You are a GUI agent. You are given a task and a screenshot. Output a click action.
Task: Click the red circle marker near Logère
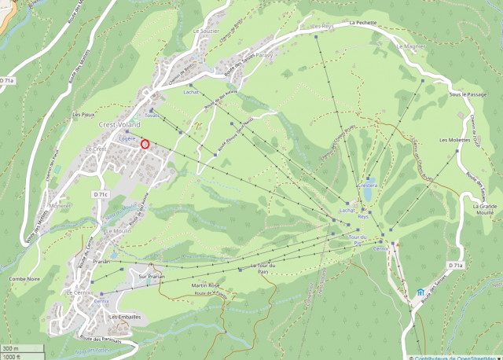coord(145,143)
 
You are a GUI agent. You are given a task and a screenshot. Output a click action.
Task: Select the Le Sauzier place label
coord(206,31)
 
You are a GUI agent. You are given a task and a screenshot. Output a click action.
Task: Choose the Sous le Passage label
coord(464,94)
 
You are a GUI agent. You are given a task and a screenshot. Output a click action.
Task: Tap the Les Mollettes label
coord(452,140)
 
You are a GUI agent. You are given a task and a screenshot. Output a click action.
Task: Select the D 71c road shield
coord(100,194)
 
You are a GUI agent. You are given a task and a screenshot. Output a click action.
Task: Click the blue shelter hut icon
coord(420,294)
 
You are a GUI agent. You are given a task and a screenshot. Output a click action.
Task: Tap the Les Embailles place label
coord(125,317)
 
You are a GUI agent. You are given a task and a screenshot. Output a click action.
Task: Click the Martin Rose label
coord(203,285)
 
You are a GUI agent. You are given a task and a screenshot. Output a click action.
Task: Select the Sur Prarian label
coord(151,277)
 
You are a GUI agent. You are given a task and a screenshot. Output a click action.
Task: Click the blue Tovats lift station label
coord(151,116)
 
